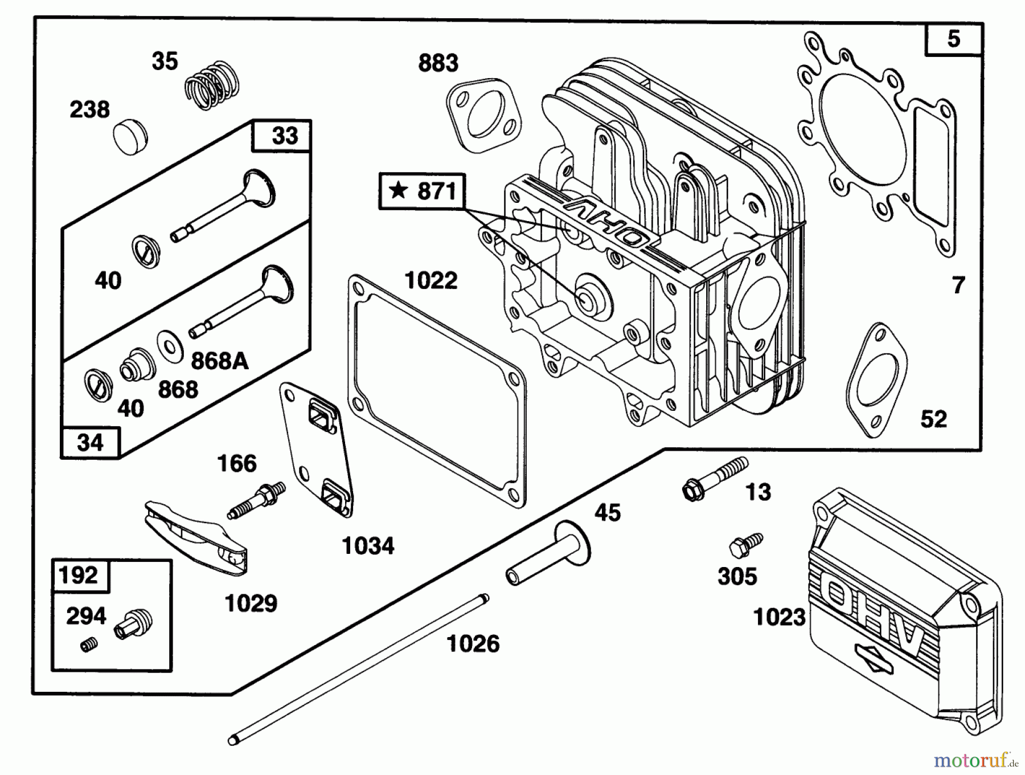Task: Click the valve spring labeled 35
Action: [212, 85]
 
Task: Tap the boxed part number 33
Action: [284, 136]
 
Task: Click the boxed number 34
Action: [90, 442]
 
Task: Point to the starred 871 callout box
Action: [422, 191]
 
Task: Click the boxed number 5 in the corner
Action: [954, 39]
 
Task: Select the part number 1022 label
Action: [430, 280]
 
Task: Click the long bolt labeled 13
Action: [715, 479]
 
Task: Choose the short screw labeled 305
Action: [745, 544]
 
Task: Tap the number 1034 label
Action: [368, 546]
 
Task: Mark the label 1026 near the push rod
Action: [473, 644]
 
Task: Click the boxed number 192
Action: [79, 575]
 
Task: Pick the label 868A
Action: [219, 361]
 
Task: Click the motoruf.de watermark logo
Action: [976, 760]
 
